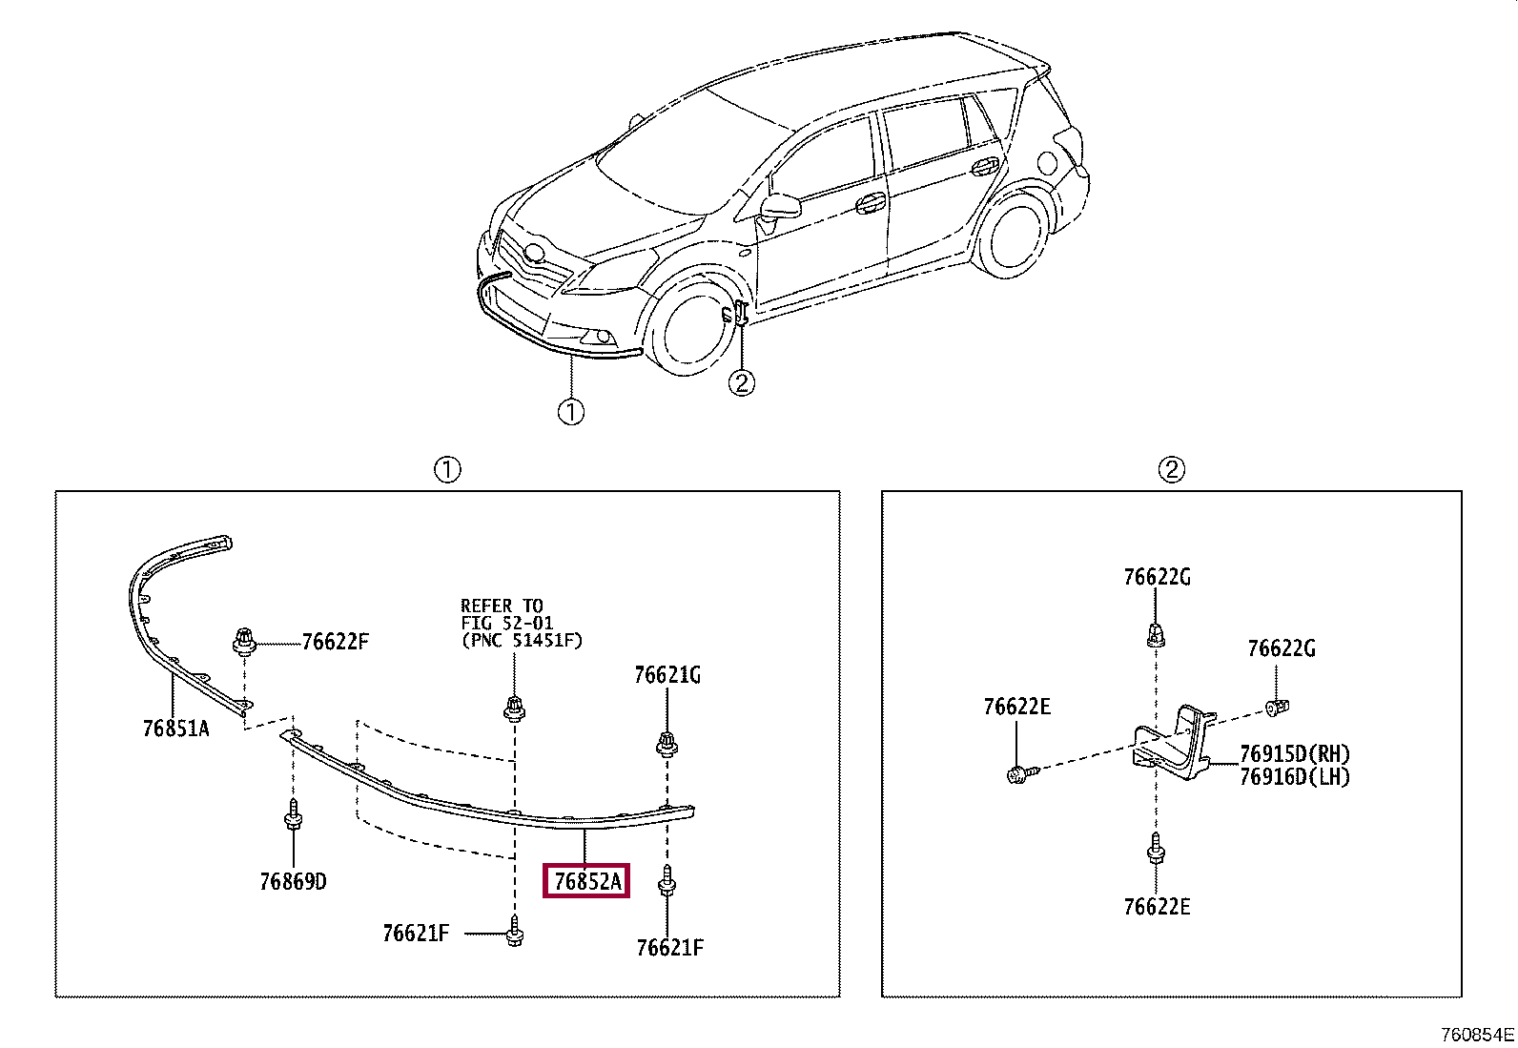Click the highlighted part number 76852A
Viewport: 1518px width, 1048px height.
pyautogui.click(x=586, y=881)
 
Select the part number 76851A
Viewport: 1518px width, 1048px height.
pyautogui.click(x=175, y=729)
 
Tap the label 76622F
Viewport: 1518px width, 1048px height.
pyautogui.click(x=335, y=642)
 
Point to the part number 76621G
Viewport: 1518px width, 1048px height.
pyautogui.click(x=667, y=675)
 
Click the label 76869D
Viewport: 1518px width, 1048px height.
pyautogui.click(x=293, y=881)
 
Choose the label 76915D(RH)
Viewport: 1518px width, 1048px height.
pyautogui.click(x=1294, y=753)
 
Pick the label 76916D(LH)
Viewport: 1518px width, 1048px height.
pyautogui.click(x=1294, y=776)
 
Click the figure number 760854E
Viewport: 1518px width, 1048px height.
pyautogui.click(x=1477, y=1035)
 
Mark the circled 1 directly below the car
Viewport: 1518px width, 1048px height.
pyautogui.click(x=570, y=412)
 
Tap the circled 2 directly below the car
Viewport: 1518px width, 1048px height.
pyautogui.click(x=741, y=382)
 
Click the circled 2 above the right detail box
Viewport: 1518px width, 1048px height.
pyautogui.click(x=1171, y=469)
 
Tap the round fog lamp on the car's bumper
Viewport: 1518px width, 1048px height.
pyautogui.click(x=603, y=336)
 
